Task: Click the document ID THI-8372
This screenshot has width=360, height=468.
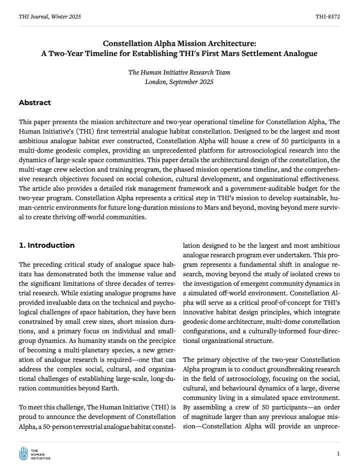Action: (327, 17)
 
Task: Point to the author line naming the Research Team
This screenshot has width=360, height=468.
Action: (179, 72)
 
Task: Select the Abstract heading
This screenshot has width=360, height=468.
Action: (34, 103)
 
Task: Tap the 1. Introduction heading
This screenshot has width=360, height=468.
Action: (46, 245)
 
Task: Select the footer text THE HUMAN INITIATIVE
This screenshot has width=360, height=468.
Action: (41, 453)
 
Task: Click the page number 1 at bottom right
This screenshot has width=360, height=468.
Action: (338, 453)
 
